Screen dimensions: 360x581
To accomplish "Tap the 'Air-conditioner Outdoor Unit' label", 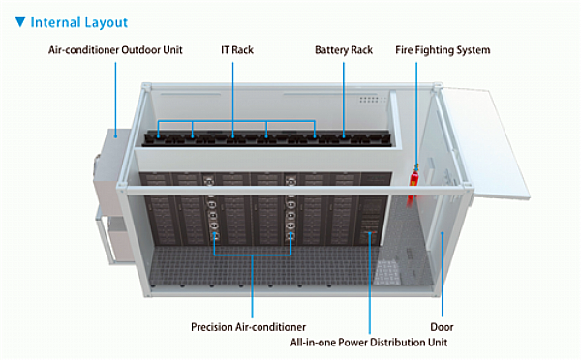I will (115, 49).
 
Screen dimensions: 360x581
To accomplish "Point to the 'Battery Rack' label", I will (344, 49).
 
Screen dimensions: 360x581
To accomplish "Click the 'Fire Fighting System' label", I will (443, 49).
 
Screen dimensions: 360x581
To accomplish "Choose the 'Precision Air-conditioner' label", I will (249, 327).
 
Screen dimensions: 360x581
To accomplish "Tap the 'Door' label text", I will (442, 327).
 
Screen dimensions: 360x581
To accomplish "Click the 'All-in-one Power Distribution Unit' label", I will (370, 343).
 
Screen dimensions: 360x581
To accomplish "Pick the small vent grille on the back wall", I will (368, 100).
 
